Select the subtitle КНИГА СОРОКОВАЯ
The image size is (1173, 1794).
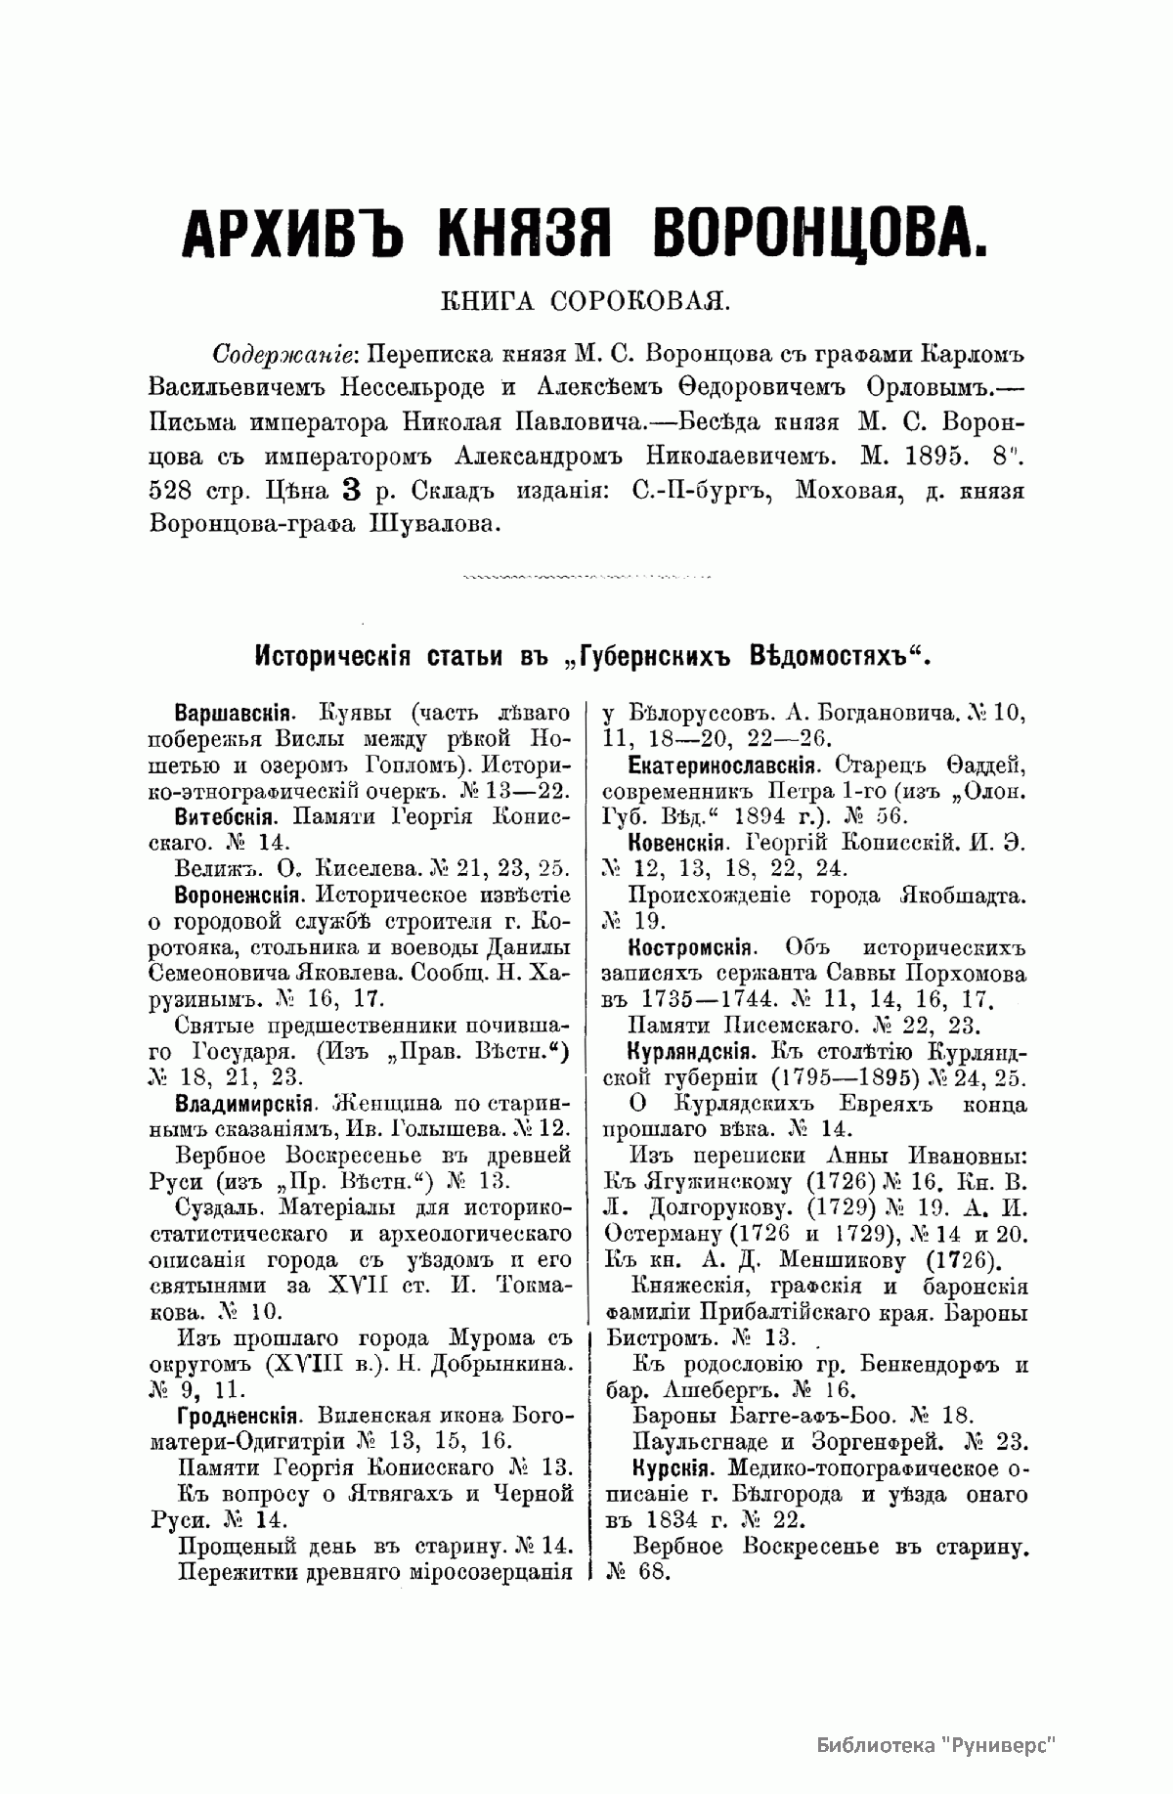586,300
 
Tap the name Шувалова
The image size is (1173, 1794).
432,524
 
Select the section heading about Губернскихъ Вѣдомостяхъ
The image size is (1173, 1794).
586,653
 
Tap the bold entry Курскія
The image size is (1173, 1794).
669,1467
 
